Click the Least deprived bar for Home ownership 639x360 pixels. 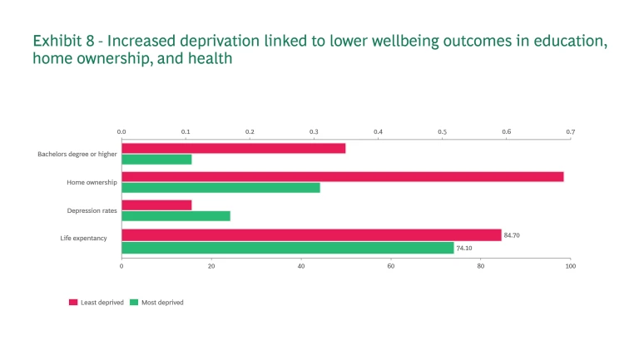(342, 177)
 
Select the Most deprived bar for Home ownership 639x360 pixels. (220, 188)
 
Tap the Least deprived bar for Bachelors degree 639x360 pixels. (233, 148)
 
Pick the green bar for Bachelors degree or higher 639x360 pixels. (156, 160)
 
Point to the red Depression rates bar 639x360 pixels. (156, 205)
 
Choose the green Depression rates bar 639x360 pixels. (176, 216)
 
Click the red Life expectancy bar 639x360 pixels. (311, 235)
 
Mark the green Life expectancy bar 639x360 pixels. (287, 248)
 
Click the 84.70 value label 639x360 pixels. (512, 235)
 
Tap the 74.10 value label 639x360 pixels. (464, 248)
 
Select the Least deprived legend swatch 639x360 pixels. (73, 303)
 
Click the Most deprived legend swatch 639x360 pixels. (135, 303)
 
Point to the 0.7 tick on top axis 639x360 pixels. (570, 132)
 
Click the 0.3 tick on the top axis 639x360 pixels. (314, 132)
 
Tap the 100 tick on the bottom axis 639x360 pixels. (570, 266)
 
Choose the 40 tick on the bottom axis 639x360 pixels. (301, 266)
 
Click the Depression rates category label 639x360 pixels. (92, 211)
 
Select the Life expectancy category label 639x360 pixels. (83, 239)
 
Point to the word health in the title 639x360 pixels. (209, 59)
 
